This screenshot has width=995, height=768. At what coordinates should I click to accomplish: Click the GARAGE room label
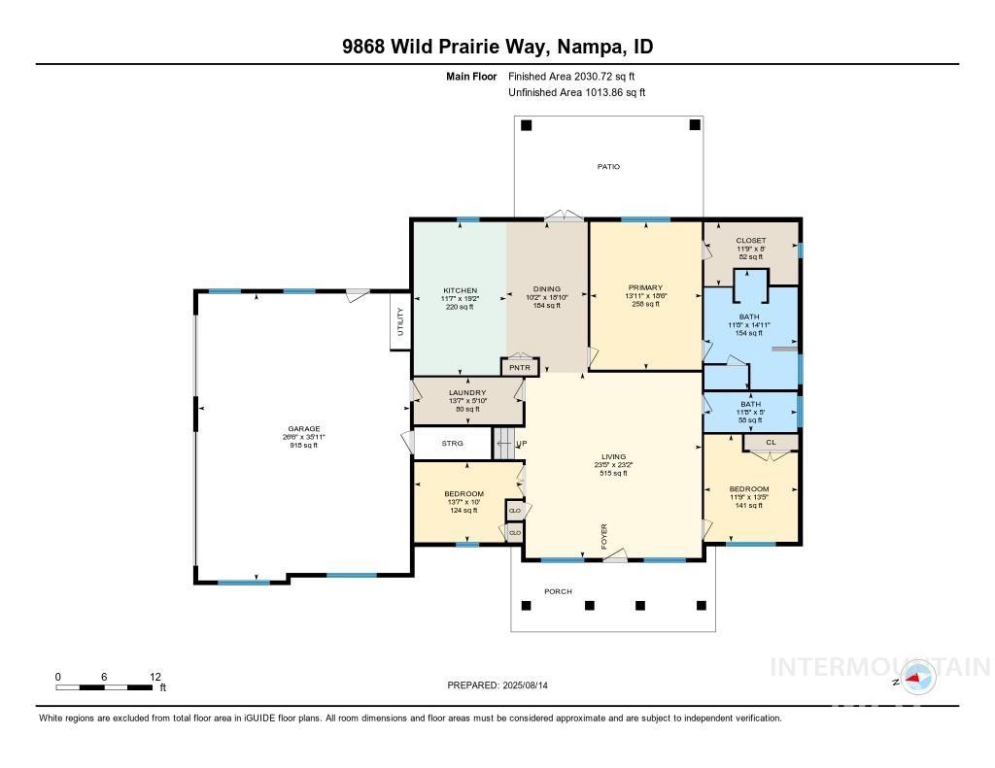(301, 429)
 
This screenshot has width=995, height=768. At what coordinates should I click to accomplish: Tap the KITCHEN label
(459, 289)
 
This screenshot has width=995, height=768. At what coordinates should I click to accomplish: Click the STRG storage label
(453, 444)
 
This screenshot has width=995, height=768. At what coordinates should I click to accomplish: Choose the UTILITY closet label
(399, 323)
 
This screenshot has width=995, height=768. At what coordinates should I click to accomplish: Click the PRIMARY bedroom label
(645, 287)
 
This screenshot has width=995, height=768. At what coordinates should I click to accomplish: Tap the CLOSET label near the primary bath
(750, 241)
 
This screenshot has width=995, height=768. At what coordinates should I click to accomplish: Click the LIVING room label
(613, 457)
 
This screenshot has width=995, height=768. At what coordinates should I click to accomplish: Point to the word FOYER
(604, 536)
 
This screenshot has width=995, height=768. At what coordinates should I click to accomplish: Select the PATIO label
(608, 167)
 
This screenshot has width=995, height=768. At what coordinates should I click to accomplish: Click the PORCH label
(558, 591)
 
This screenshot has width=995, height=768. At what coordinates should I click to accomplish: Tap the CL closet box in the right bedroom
(771, 443)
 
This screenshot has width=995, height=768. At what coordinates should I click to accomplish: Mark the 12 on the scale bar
(154, 677)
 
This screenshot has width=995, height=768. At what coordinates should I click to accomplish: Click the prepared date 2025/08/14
(532, 685)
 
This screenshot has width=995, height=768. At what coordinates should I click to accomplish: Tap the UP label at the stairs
(522, 444)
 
